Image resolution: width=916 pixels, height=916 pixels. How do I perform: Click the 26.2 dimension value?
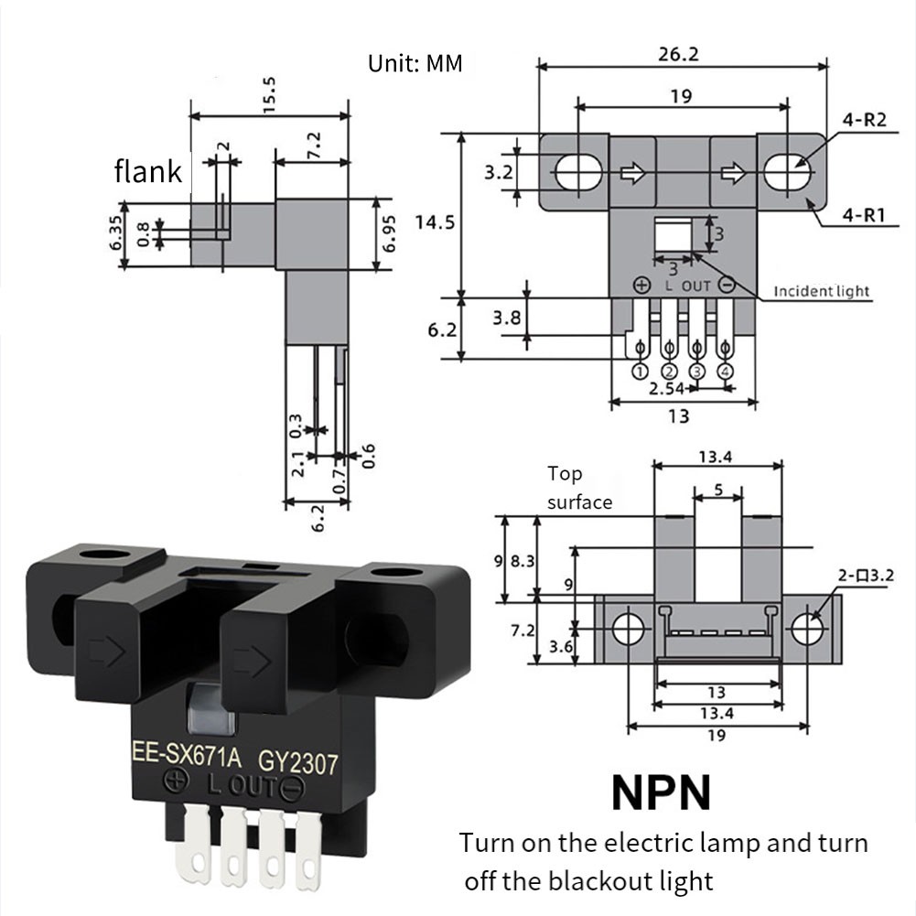(x=678, y=54)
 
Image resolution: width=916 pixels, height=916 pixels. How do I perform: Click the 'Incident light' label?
(x=822, y=291)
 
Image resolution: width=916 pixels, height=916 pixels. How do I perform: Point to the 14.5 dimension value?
(x=434, y=221)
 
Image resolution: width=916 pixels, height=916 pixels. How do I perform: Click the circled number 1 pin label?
(x=640, y=371)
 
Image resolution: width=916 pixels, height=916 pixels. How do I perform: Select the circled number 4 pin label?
(x=726, y=371)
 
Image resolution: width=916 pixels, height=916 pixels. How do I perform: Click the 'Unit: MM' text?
(x=415, y=64)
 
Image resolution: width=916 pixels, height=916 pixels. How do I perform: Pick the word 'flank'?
(x=147, y=171)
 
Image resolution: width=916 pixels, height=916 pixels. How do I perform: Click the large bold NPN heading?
(x=661, y=792)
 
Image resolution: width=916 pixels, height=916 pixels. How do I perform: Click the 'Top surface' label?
(x=579, y=488)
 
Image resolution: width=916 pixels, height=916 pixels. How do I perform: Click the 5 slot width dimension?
(x=718, y=490)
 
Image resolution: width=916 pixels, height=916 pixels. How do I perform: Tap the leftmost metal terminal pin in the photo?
(x=199, y=843)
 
